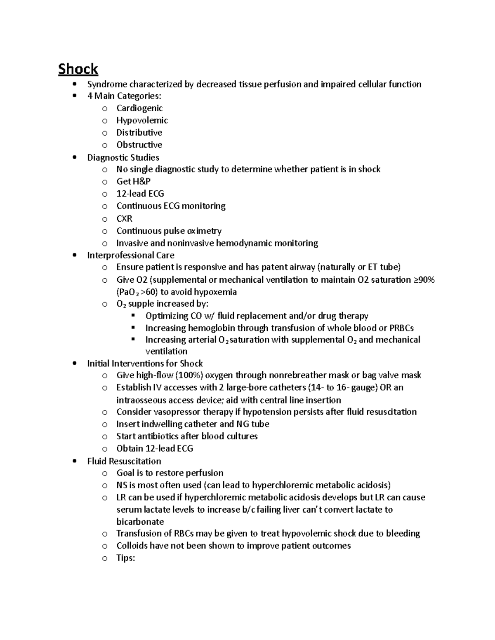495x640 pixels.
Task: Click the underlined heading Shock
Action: (x=78, y=69)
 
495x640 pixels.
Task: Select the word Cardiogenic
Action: (x=139, y=108)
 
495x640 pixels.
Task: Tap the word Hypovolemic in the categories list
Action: (x=142, y=120)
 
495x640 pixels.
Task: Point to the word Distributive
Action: (x=139, y=133)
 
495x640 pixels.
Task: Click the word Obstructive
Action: (x=139, y=145)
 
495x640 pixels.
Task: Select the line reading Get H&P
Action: (x=133, y=181)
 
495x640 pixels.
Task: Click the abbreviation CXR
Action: (x=124, y=218)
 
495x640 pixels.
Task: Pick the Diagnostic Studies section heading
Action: (x=123, y=157)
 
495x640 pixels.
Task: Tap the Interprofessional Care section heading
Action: (x=130, y=255)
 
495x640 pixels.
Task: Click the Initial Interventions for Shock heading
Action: (x=145, y=363)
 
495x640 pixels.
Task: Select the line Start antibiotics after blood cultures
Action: (x=187, y=436)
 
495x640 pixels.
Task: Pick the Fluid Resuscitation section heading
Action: (x=124, y=461)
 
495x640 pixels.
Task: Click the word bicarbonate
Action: (x=140, y=522)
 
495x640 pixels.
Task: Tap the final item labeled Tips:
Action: (x=125, y=558)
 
